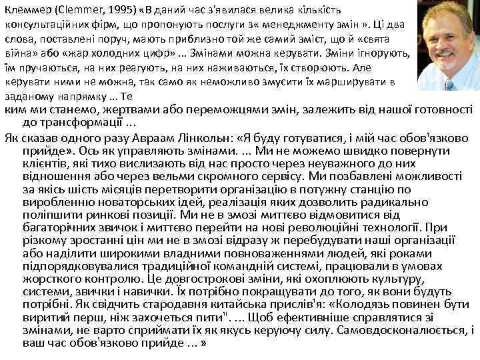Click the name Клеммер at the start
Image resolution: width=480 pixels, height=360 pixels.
[x=25, y=9]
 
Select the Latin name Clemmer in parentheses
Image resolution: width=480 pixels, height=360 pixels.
[x=75, y=9]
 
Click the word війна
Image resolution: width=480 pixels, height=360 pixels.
[x=18, y=53]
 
